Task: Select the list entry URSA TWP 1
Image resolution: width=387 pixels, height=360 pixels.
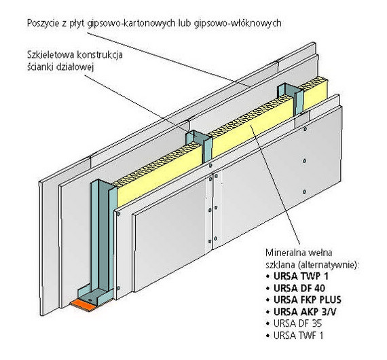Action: coord(301,276)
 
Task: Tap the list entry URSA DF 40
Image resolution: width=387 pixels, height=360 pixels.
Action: coord(299,288)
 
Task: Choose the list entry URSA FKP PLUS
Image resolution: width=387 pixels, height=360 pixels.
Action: coord(308,300)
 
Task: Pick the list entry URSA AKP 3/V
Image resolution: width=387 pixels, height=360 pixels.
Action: coord(305,312)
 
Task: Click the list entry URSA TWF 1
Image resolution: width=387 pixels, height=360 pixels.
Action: coord(298,336)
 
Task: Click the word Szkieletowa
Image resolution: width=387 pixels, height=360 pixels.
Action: coord(51,54)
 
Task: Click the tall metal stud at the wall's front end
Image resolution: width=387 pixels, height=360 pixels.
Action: coord(102,237)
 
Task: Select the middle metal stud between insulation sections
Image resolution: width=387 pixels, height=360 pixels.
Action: coord(199,147)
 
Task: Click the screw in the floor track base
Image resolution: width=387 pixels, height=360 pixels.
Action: coord(90,300)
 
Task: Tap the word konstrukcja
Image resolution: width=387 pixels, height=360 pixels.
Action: coord(100,54)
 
